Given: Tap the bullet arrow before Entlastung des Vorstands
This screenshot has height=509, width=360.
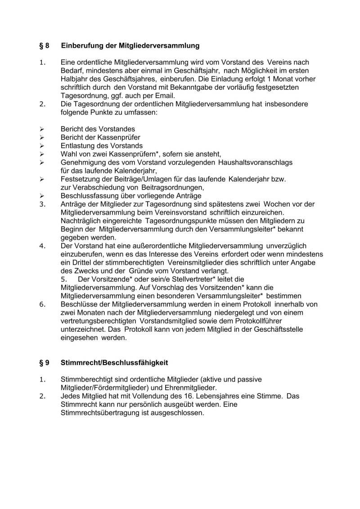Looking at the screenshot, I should point(41,146).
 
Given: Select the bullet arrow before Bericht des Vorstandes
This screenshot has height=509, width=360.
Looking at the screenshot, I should point(41,130).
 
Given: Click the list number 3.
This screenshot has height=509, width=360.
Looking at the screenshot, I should point(43,204).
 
